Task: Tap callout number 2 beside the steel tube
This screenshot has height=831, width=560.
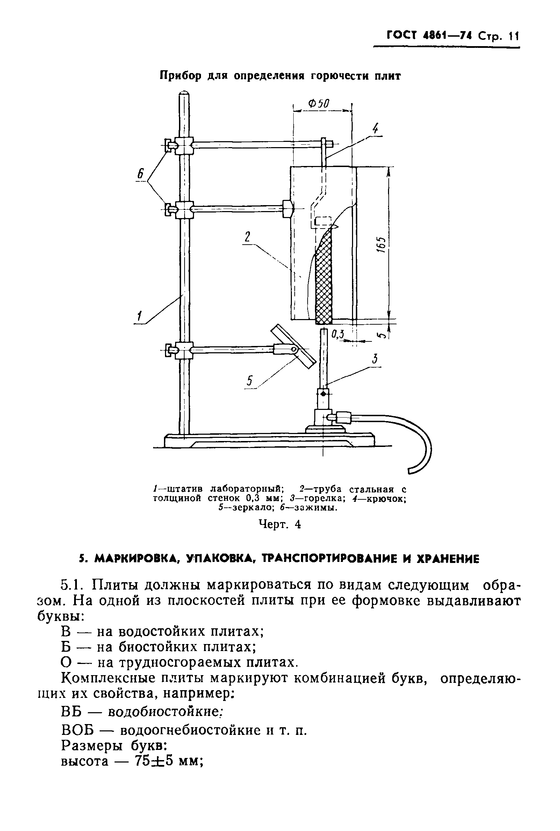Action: [x=247, y=237]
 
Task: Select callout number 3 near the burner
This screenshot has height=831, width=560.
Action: [x=375, y=359]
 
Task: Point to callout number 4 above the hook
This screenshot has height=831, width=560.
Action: [x=375, y=128]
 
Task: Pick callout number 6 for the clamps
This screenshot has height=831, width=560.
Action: [x=141, y=175]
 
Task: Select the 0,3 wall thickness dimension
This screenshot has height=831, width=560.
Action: [x=337, y=334]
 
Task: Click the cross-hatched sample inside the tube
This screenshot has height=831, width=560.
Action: [x=324, y=279]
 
